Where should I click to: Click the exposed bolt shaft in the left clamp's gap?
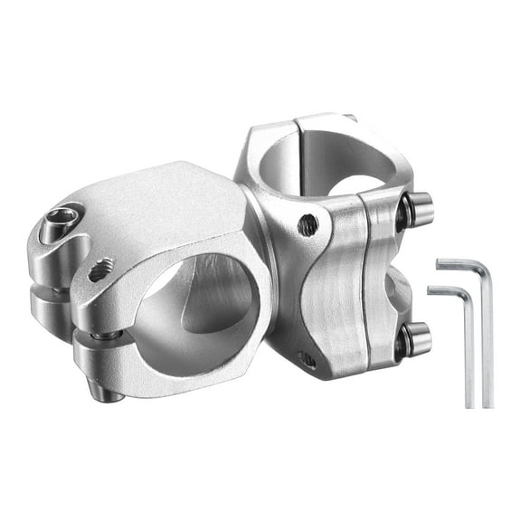[x=107, y=336]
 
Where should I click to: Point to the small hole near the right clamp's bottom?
[x=308, y=358]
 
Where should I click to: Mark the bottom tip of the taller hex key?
[x=488, y=404]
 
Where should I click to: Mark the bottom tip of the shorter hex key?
[x=470, y=404]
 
